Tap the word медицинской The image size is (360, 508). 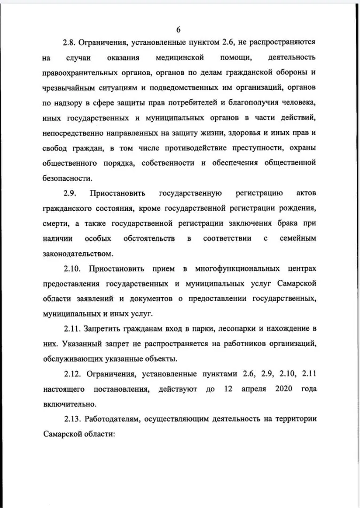coord(180,58)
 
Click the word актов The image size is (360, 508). coord(306,193)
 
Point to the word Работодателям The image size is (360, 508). coord(112,419)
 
